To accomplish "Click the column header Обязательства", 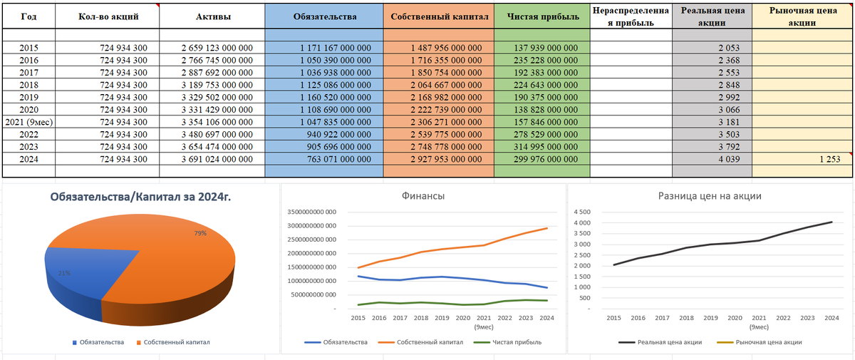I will click(323, 16).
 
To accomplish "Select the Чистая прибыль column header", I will click(542, 16).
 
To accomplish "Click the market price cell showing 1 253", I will click(828, 158).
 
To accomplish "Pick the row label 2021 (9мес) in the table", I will click(28, 122).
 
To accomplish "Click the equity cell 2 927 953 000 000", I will click(438, 158).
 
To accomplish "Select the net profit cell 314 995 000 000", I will click(542, 146).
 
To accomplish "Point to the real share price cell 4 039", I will click(712, 158).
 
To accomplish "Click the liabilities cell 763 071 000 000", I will click(324, 158).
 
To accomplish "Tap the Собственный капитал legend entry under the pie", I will click(172, 342).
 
